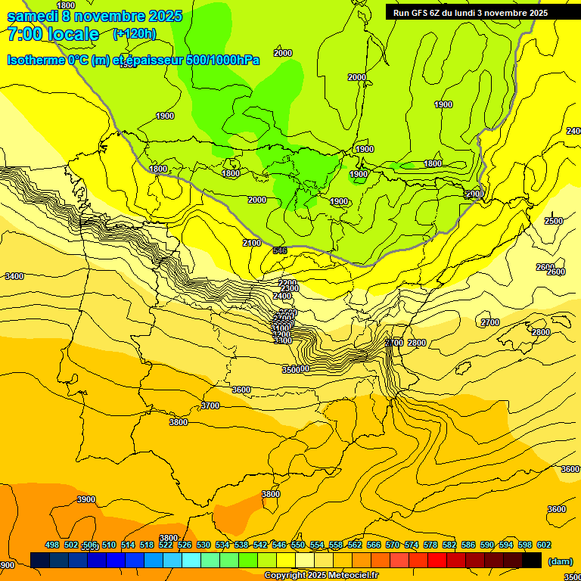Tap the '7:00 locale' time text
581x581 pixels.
[53, 34]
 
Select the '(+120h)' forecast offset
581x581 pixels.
[134, 34]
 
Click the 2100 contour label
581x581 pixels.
[252, 243]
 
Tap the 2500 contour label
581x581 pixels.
[554, 221]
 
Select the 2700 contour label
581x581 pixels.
[490, 323]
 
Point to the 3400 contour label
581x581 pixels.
[14, 277]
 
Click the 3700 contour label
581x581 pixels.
[210, 406]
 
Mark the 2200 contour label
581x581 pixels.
[287, 283]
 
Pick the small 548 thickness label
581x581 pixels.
[280, 250]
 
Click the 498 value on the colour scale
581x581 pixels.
[52, 545]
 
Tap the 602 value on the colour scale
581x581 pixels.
[544, 545]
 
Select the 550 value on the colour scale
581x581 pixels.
[298, 545]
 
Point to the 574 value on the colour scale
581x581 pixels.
[412, 545]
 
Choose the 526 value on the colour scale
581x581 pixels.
[185, 545]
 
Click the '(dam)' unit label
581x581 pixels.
[561, 561]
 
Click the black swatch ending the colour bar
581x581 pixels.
[532, 560]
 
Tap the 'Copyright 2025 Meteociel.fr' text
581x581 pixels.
[321, 576]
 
